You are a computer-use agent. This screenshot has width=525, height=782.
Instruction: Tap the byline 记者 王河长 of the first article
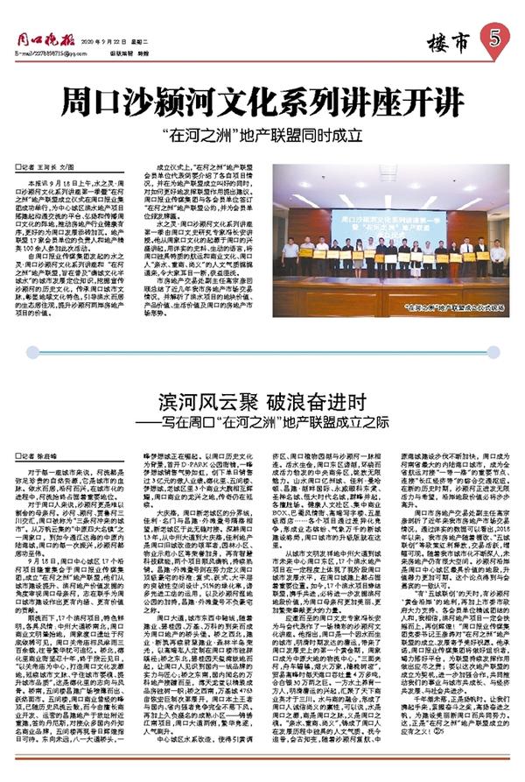pyautogui.click(x=54, y=166)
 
